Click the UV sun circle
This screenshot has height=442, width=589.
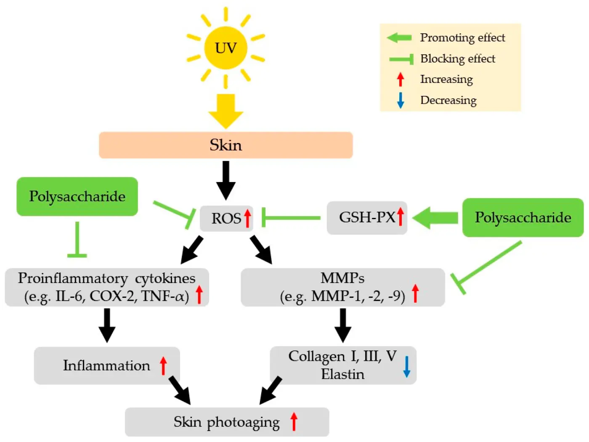pyautogui.click(x=226, y=48)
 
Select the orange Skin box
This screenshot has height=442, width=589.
pyautogui.click(x=226, y=145)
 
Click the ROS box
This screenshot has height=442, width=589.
pyautogui.click(x=226, y=218)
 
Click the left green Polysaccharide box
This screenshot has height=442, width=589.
pyautogui.click(x=77, y=196)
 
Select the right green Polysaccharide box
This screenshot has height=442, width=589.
pyautogui.click(x=523, y=217)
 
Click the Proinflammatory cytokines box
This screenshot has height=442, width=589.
pyautogui.click(x=107, y=287)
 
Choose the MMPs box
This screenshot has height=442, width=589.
pyautogui.click(x=342, y=287)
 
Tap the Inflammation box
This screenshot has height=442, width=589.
pyautogui.click(x=107, y=365)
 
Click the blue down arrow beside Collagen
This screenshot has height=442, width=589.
pyautogui.click(x=406, y=366)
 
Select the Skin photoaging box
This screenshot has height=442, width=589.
pyautogui.click(x=227, y=422)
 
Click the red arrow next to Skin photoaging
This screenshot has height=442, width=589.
pyautogui.click(x=294, y=421)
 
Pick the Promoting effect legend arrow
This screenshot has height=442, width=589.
pyautogui.click(x=399, y=38)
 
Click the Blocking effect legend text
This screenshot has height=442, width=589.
pyautogui.click(x=458, y=58)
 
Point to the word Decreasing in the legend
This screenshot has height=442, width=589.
pyautogui.click(x=448, y=100)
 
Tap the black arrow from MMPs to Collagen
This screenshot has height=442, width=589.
pyautogui.click(x=343, y=325)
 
